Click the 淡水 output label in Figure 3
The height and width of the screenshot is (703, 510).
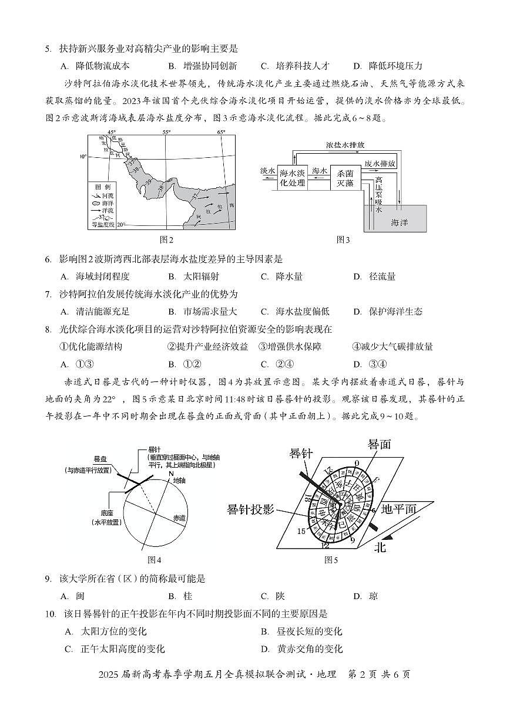[x=267, y=171]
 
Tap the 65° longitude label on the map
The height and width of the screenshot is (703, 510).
[x=221, y=133]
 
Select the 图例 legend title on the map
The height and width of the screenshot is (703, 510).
[x=102, y=186]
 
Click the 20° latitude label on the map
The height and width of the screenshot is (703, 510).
[x=121, y=225]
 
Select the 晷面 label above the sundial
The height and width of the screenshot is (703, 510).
[x=379, y=444]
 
